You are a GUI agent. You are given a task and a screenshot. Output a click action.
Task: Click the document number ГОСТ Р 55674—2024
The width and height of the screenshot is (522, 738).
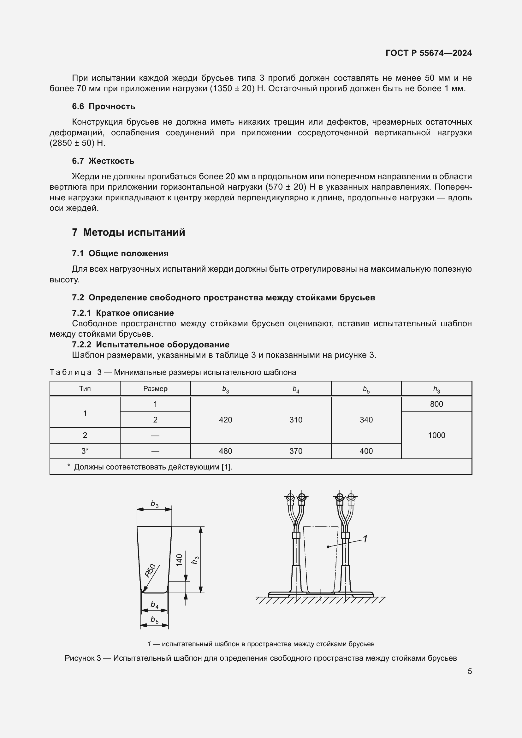point(429,53)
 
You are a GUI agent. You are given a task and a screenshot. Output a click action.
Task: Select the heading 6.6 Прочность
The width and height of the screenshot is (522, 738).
point(104,106)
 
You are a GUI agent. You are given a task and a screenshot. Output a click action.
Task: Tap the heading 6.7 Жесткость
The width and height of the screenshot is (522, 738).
point(103,161)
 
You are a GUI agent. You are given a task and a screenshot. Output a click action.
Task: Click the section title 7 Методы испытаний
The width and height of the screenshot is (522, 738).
point(128,232)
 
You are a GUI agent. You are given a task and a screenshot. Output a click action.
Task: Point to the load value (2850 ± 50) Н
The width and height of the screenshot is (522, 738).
point(77,143)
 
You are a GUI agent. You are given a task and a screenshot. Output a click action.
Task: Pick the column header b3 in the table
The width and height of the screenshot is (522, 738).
point(225,389)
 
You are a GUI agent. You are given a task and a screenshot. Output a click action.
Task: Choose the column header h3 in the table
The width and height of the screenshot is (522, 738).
point(436,389)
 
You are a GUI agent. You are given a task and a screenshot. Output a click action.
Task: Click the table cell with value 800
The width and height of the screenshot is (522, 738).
point(436,404)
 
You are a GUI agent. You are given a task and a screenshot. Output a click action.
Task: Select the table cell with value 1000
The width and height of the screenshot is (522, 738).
point(436,435)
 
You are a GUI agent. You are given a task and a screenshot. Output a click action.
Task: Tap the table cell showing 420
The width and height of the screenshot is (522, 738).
point(225,420)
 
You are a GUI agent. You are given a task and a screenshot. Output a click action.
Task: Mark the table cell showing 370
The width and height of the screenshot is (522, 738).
point(296,451)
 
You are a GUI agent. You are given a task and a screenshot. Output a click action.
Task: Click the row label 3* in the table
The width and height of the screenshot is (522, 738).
point(85,451)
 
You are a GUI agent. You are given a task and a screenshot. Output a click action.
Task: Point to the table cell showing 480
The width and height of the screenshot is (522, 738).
point(225,451)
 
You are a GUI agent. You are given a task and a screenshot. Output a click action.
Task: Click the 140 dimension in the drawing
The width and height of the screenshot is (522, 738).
point(179,560)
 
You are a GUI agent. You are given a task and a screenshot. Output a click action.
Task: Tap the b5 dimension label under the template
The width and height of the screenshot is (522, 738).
point(155,619)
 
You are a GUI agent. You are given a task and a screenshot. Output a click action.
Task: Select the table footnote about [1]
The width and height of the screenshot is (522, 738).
point(150,467)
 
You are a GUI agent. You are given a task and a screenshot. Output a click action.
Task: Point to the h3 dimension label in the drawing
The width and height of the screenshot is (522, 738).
point(195,560)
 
